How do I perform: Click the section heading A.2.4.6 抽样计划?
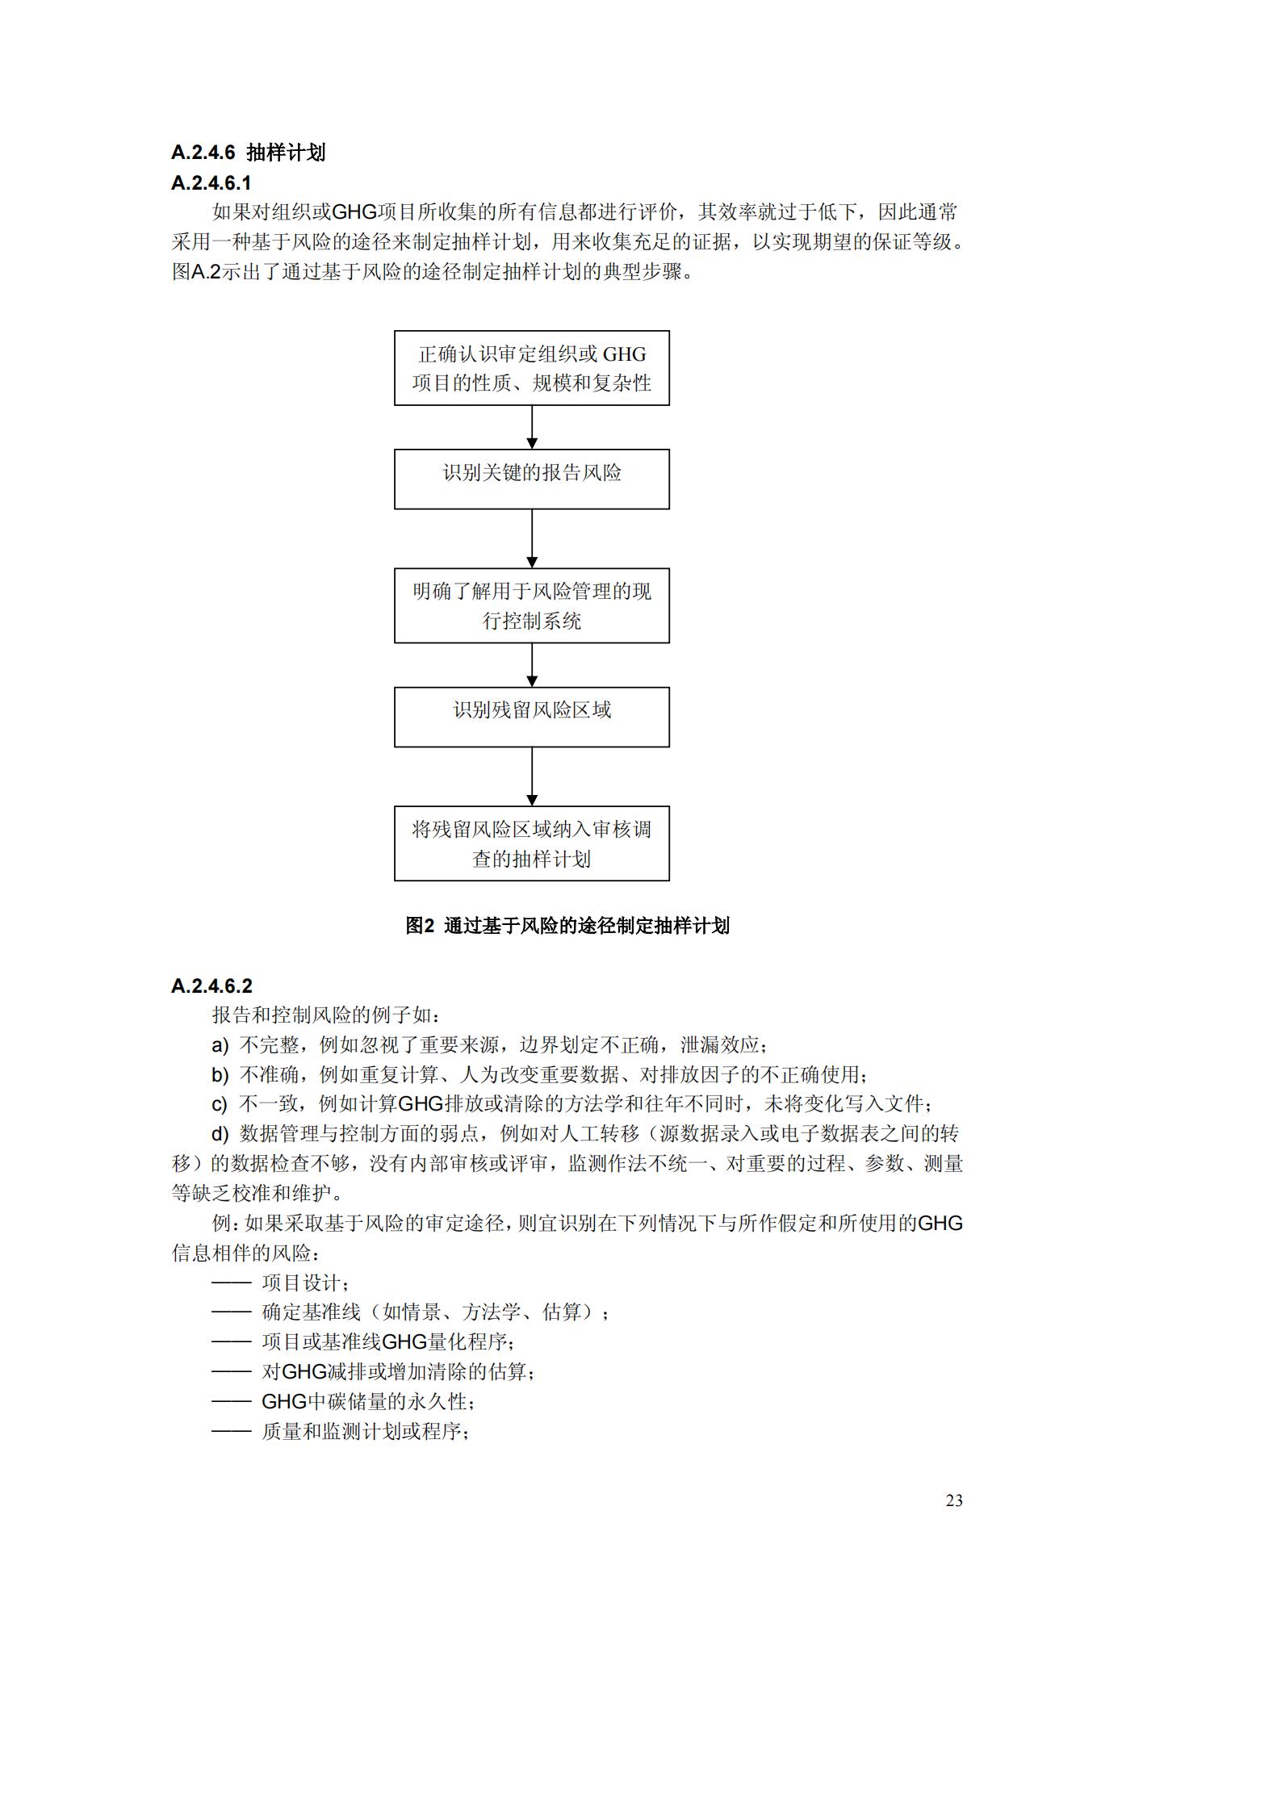tap(248, 153)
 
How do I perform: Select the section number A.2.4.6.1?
tap(211, 183)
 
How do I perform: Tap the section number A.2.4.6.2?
tap(211, 986)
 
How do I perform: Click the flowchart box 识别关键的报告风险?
tap(531, 479)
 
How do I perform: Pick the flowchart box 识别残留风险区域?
tap(531, 716)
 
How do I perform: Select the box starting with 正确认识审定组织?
tap(531, 368)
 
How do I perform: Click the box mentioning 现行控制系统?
tap(531, 605)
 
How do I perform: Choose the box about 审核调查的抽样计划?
tap(531, 843)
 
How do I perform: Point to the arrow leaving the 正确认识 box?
tap(531, 427)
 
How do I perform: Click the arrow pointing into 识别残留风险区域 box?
tap(531, 665)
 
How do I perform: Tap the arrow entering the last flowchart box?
tap(531, 776)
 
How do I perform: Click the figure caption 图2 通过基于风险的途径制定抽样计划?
tap(567, 926)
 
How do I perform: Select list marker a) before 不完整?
tap(220, 1045)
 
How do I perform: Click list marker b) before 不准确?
tap(220, 1075)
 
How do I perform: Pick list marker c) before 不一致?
tap(220, 1104)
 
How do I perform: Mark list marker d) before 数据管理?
tap(220, 1134)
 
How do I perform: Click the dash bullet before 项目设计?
tap(232, 1283)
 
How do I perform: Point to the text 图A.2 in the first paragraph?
tap(196, 272)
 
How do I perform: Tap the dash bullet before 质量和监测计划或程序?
tap(232, 1431)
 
